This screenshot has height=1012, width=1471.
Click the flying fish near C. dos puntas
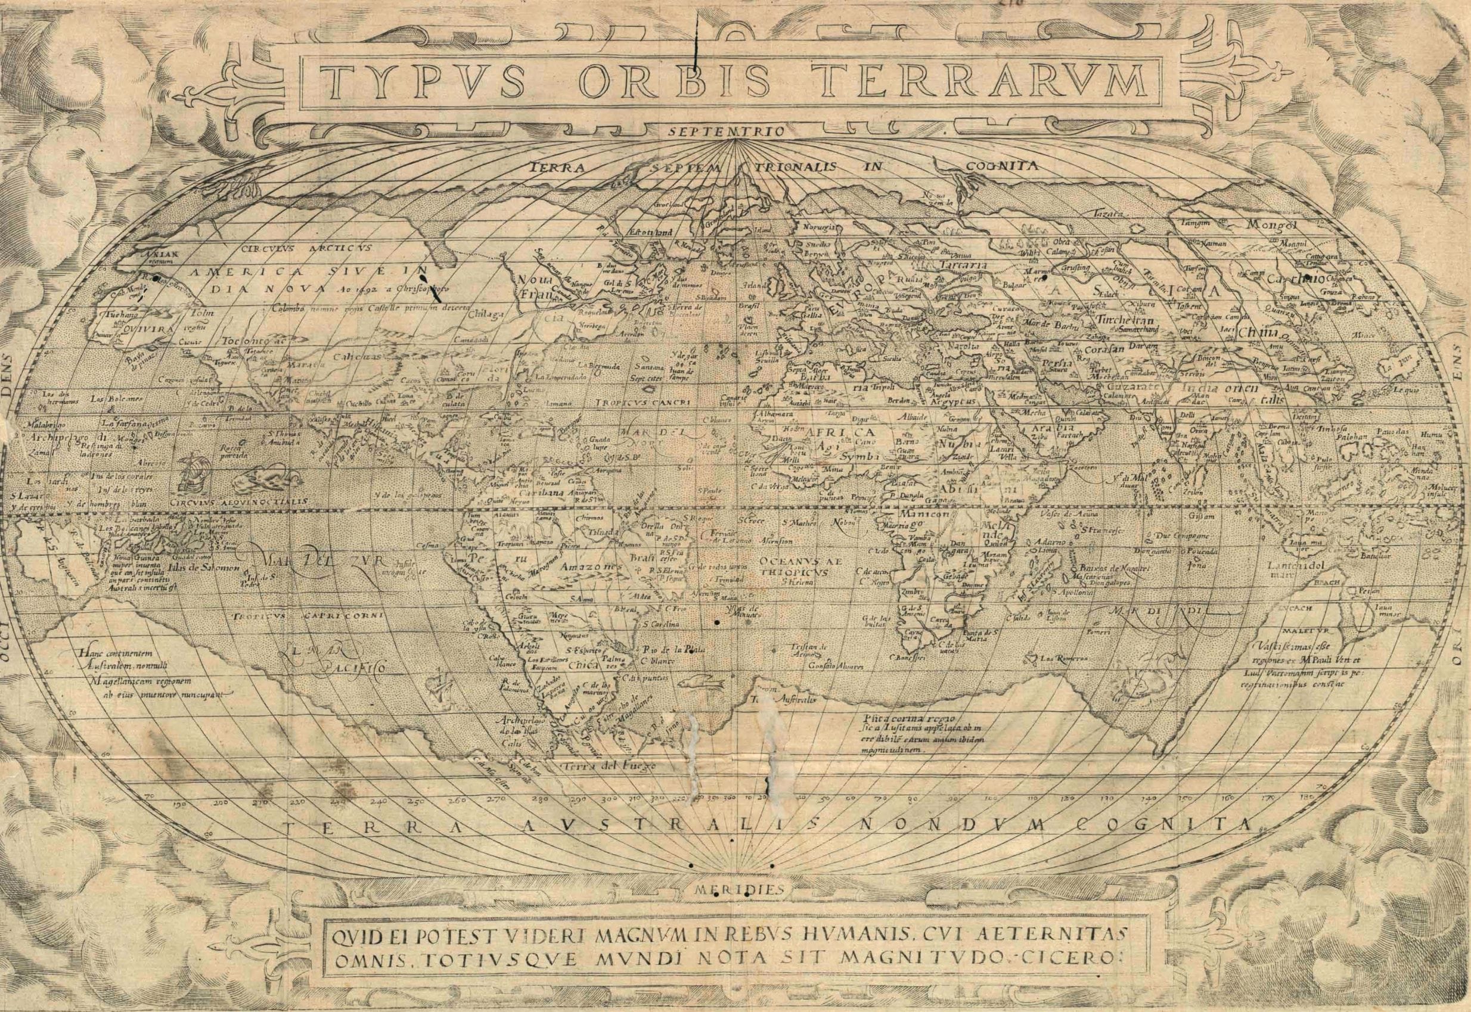[699, 699]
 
